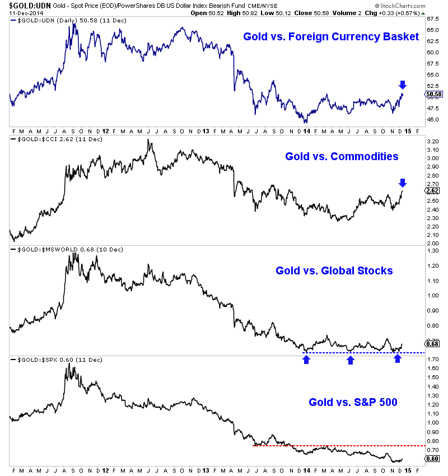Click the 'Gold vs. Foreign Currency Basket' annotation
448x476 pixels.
(x=330, y=37)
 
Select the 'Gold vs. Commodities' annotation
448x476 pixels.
(x=342, y=156)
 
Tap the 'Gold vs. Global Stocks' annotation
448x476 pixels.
(x=334, y=271)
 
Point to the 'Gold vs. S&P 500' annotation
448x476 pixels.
(x=353, y=402)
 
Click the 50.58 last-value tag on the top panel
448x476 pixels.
(x=434, y=94)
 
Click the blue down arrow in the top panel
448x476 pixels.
(x=402, y=85)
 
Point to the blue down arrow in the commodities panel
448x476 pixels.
(x=402, y=183)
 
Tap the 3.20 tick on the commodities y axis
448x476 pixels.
(x=432, y=142)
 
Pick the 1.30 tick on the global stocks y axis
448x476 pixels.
(x=432, y=251)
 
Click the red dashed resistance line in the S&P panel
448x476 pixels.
(x=336, y=446)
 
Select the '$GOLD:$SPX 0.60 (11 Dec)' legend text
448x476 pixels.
(x=53, y=359)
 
